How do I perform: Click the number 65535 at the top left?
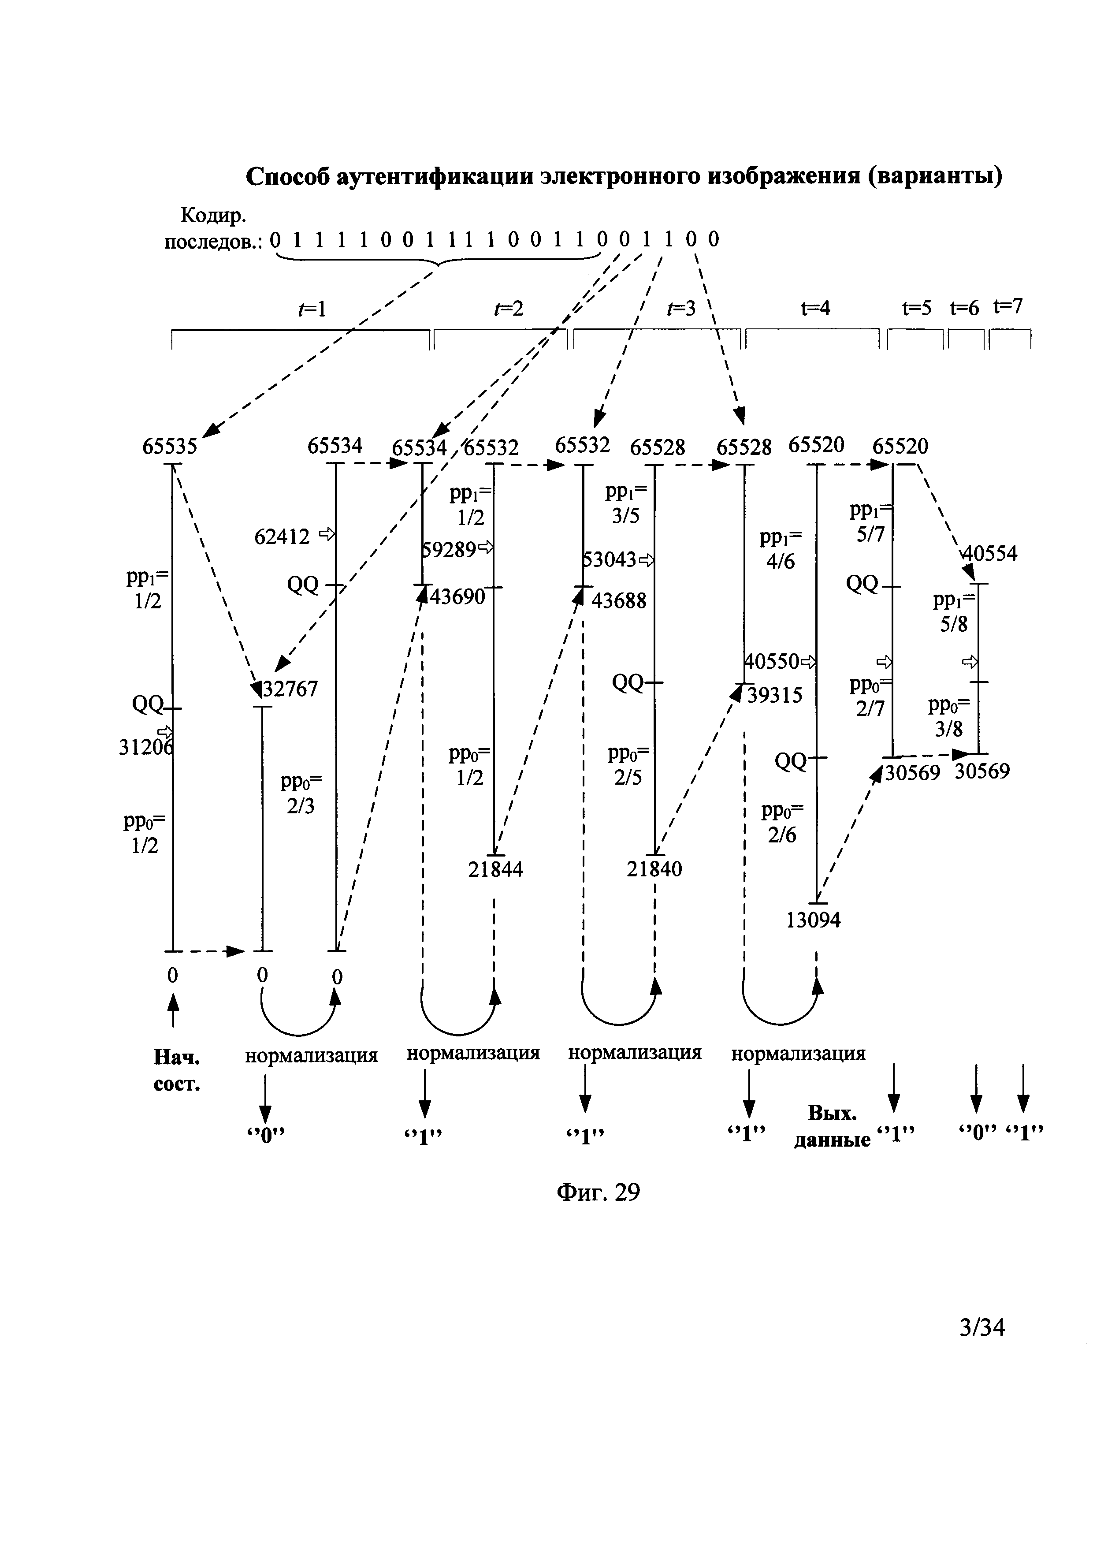tap(170, 447)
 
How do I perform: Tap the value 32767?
tap(290, 689)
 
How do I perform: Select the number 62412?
tap(282, 536)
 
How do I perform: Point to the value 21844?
tap(495, 870)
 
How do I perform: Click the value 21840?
tap(654, 869)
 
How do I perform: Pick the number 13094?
tap(813, 920)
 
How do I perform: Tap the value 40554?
tap(990, 554)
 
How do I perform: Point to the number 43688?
tap(618, 600)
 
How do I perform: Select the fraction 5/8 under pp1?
tap(954, 624)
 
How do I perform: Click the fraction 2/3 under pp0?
tap(300, 806)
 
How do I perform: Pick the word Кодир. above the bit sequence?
tap(213, 216)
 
